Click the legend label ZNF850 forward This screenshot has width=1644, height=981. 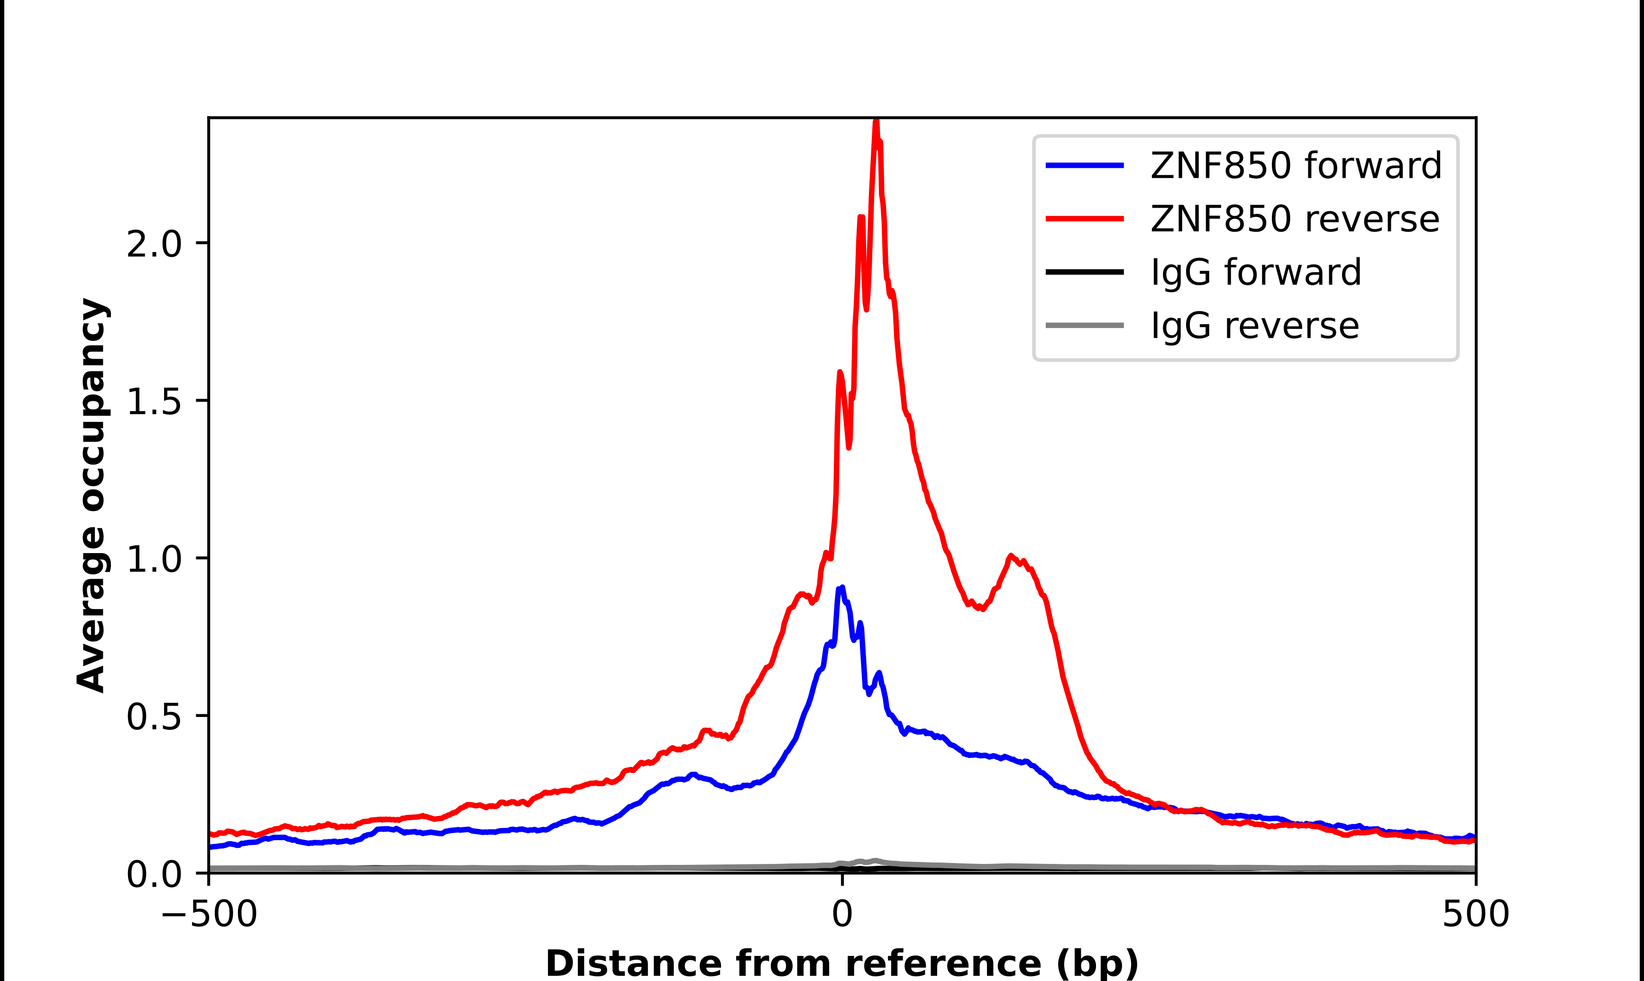pyautogui.click(x=1296, y=165)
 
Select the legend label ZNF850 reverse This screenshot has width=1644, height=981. pyautogui.click(x=1294, y=219)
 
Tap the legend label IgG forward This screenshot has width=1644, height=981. pyautogui.click(x=1255, y=272)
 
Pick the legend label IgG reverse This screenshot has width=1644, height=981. pyautogui.click(x=1254, y=326)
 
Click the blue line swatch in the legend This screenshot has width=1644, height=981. pyautogui.click(x=1084, y=165)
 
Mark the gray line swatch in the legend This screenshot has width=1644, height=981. pyautogui.click(x=1084, y=325)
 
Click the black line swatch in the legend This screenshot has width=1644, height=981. pyautogui.click(x=1084, y=272)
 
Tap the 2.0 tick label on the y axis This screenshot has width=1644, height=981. pyautogui.click(x=154, y=244)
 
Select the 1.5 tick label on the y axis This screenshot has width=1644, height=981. pyautogui.click(x=154, y=401)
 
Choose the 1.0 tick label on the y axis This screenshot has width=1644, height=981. pyautogui.click(x=154, y=559)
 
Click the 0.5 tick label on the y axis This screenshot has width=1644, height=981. pyautogui.click(x=154, y=717)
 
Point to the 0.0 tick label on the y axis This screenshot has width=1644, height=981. pyautogui.click(x=154, y=874)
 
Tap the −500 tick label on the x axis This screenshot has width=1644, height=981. pyautogui.click(x=209, y=914)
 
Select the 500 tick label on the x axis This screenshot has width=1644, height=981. pyautogui.click(x=1475, y=914)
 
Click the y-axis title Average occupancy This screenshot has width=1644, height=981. pyautogui.click(x=92, y=495)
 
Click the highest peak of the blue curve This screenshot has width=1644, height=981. pyautogui.click(x=841, y=588)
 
